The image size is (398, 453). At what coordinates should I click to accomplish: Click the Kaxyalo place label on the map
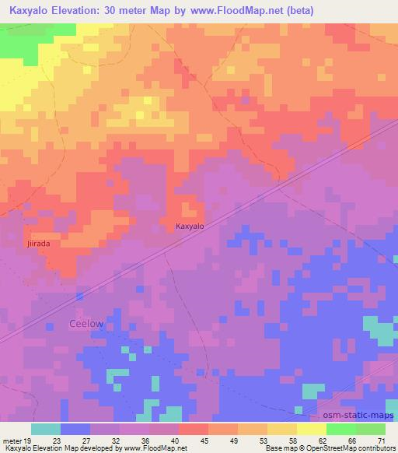pos(189,226)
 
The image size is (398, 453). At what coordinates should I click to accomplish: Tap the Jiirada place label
pos(37,244)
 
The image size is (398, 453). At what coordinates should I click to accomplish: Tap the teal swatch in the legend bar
pos(46,429)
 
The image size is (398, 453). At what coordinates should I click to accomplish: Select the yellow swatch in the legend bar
pos(311,429)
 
